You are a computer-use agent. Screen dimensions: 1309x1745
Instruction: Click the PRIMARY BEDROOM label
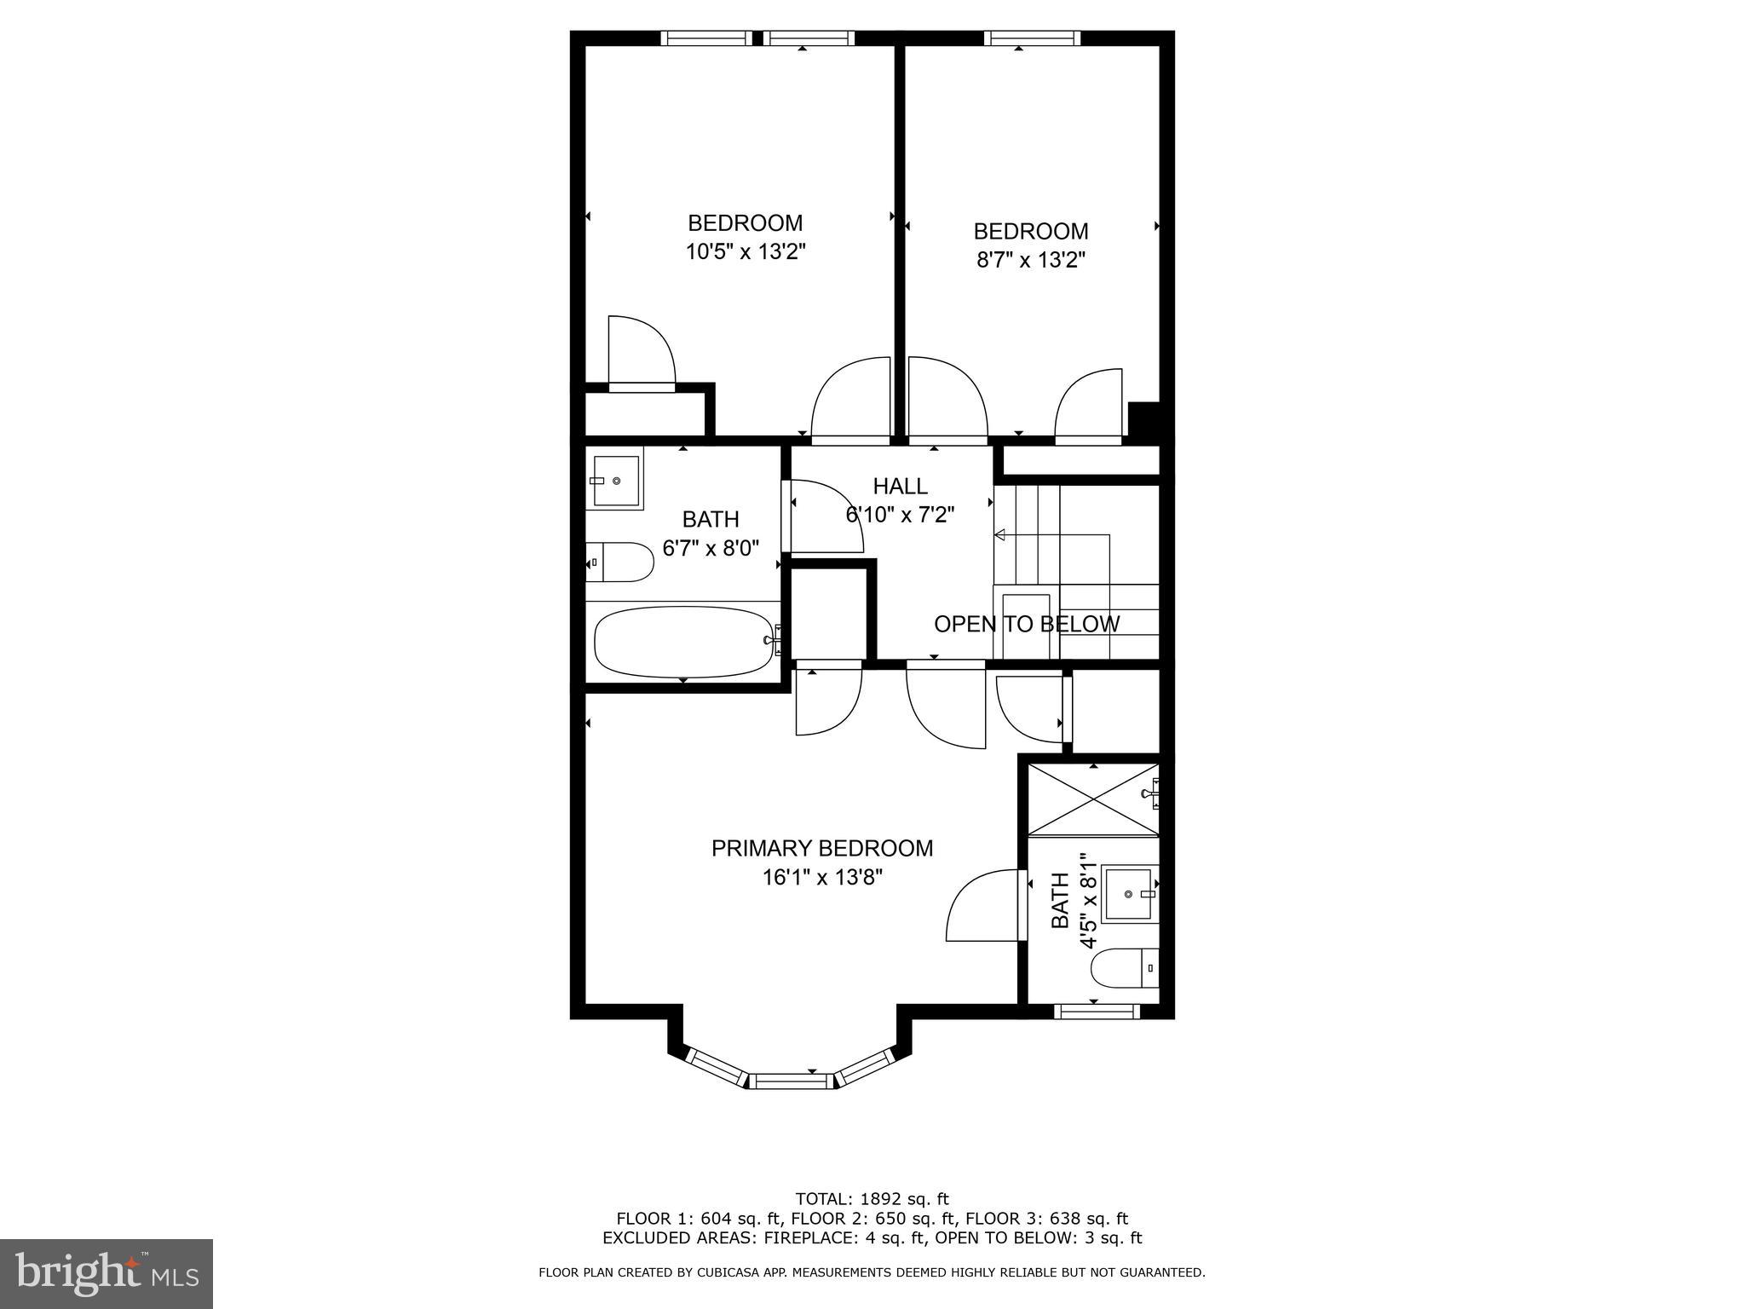[x=822, y=848]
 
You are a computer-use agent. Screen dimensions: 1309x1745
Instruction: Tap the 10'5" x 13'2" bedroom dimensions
[x=746, y=252]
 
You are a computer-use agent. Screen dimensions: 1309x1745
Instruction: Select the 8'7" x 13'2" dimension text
[x=1031, y=260]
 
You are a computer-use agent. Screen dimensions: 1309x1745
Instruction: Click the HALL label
[x=900, y=487]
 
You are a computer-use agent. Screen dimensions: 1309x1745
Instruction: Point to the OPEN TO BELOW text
[x=1027, y=624]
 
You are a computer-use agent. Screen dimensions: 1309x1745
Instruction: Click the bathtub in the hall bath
[x=682, y=642]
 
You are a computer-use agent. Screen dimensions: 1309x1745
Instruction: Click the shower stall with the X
[x=1093, y=799]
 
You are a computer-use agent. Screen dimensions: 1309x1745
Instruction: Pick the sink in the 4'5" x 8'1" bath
[x=1129, y=894]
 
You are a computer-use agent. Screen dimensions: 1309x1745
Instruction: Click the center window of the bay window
[x=792, y=1081]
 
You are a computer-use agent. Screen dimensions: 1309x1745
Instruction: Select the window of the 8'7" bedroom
[x=1033, y=37]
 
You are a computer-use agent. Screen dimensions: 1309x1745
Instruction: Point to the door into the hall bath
[x=822, y=516]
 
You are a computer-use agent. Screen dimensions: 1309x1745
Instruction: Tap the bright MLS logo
[x=107, y=1273]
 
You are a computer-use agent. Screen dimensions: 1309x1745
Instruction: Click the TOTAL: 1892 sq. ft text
[x=872, y=1199]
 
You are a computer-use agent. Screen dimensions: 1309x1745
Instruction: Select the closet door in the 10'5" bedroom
[x=641, y=354]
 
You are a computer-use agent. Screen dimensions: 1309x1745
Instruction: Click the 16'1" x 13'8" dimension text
[x=822, y=878]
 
